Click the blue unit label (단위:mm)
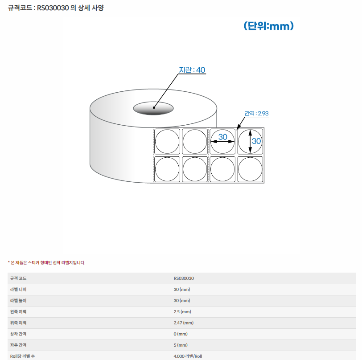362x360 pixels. click(268, 26)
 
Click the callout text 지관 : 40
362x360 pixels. click(192, 70)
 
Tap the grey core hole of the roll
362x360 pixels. click(153, 108)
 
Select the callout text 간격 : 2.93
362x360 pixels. click(256, 113)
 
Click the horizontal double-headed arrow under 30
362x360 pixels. click(222, 142)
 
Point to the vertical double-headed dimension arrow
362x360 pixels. click(250, 141)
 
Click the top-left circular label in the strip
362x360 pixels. click(167, 142)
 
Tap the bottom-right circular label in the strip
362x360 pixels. click(250, 169)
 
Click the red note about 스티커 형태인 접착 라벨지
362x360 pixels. click(47, 262)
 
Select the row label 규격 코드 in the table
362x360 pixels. click(18, 278)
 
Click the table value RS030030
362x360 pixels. click(184, 278)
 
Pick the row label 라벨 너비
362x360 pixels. click(18, 290)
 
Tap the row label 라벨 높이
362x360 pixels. click(18, 300)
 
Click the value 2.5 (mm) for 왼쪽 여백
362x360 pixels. click(182, 312)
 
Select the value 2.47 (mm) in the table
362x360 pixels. click(184, 323)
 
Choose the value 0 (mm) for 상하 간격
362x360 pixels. click(181, 334)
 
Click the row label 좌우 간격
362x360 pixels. click(18, 345)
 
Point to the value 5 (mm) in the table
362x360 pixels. click(181, 345)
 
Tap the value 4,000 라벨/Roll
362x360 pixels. click(188, 356)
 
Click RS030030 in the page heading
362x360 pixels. click(53, 8)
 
